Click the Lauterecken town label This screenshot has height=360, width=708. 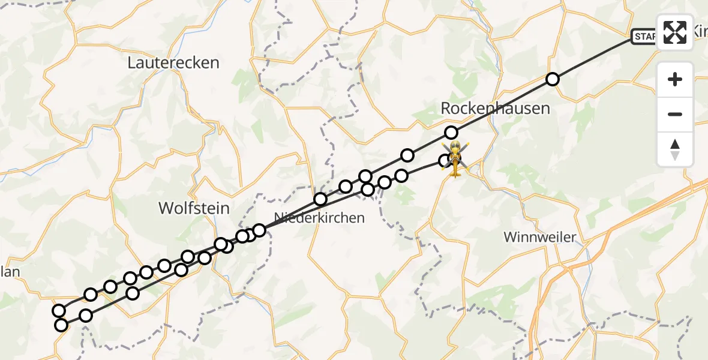173,62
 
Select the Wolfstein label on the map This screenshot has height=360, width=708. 194,208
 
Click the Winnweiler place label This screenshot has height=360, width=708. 539,237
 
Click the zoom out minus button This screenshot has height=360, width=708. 675,114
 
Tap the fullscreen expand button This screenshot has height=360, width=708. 675,32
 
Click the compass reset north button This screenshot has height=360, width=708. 675,149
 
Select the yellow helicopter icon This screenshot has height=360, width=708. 456,159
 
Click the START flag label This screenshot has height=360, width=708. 644,37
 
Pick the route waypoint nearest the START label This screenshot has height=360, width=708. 553,79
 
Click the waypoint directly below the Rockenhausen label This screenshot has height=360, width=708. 451,133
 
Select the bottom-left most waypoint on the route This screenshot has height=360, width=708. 61,325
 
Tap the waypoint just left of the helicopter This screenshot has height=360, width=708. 445,160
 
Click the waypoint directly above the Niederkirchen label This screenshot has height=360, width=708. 320,199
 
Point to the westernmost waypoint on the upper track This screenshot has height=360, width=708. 59,310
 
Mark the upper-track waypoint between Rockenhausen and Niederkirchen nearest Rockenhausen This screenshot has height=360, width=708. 407,155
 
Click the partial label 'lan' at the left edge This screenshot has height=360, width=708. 10,272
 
